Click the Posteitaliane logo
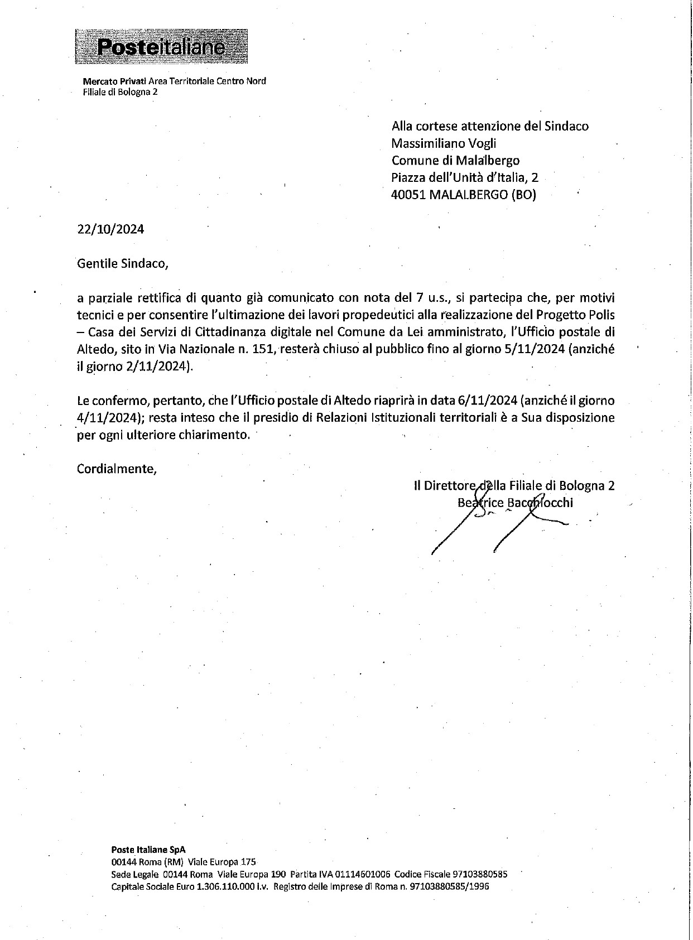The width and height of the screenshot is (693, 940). tap(161, 46)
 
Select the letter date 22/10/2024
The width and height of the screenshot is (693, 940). tap(110, 229)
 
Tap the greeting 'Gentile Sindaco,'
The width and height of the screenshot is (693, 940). tap(122, 263)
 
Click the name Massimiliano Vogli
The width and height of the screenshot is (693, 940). tap(444, 143)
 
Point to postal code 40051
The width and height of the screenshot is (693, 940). tap(409, 195)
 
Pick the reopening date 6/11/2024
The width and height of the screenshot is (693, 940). tap(487, 401)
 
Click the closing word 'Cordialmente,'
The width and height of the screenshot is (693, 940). tap(117, 468)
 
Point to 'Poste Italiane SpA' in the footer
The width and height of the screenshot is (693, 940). tap(148, 850)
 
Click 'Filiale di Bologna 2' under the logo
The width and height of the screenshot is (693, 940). tap(120, 92)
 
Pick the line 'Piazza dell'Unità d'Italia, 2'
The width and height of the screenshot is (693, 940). tap(465, 178)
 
